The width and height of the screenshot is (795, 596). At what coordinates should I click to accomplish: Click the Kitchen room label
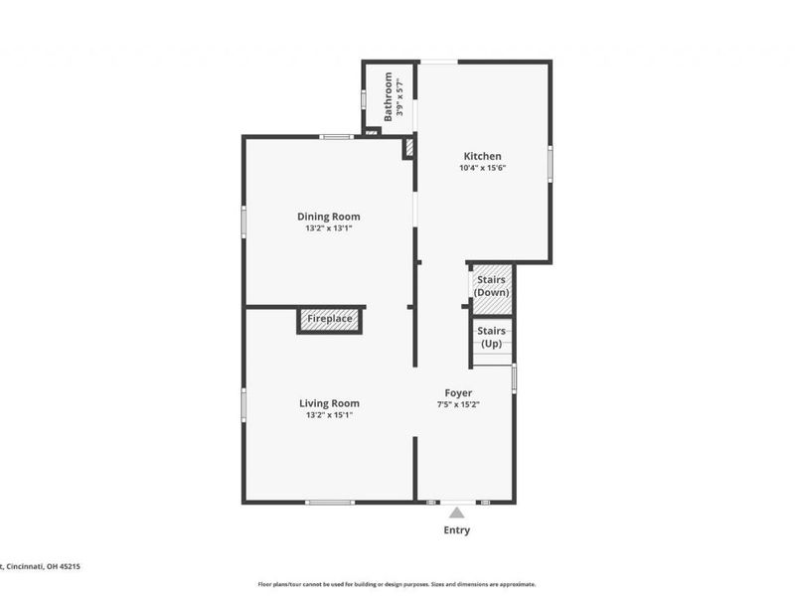pos(482,156)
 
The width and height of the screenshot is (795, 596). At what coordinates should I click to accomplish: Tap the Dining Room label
pos(329,217)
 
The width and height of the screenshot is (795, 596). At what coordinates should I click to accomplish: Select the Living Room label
pos(329,403)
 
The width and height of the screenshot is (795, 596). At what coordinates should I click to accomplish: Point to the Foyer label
pos(458,393)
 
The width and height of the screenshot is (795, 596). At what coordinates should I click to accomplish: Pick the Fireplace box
pos(329,320)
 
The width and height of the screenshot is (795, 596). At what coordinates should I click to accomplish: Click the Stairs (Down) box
pos(491,286)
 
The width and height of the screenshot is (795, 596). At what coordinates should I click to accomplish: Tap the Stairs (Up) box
pos(491,337)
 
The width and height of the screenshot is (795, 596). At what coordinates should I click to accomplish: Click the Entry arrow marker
pos(456,513)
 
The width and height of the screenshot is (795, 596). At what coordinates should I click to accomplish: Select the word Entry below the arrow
pos(456,530)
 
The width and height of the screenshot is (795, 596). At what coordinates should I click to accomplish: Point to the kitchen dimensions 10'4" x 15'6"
pos(482,169)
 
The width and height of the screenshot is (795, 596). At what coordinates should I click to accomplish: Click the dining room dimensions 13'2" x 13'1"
pos(329,228)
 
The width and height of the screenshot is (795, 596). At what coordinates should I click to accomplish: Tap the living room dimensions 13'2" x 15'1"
pos(329,415)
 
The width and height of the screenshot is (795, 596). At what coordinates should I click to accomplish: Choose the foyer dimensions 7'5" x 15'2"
pos(458,405)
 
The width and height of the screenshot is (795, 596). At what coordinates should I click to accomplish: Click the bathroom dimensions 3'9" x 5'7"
pos(400,96)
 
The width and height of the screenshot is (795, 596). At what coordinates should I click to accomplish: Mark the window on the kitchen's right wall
pos(550,163)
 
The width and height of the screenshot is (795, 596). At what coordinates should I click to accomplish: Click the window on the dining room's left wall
pos(243,221)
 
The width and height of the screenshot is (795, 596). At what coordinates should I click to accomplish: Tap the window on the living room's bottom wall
pos(330,503)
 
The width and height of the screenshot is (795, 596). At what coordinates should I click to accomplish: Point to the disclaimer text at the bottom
pos(397,584)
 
